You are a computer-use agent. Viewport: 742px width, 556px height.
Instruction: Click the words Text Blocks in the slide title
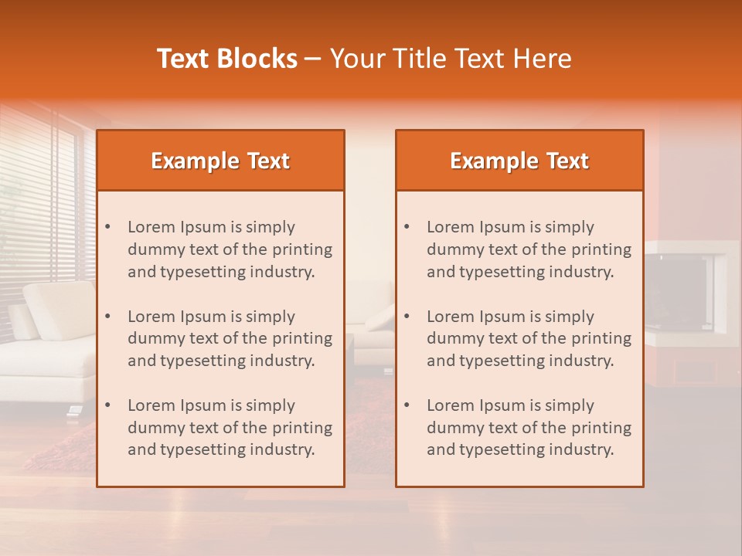click(x=227, y=59)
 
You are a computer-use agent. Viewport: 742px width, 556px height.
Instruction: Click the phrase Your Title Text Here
click(x=451, y=59)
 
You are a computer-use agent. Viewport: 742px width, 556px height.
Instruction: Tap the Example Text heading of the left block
click(x=220, y=161)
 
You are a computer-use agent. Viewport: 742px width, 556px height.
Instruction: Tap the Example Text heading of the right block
click(x=519, y=161)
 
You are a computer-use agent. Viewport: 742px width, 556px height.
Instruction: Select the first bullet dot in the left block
click(x=108, y=227)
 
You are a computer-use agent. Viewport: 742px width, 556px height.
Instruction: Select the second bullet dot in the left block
click(x=108, y=317)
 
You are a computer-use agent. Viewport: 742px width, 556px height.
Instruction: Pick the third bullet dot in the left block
click(x=108, y=405)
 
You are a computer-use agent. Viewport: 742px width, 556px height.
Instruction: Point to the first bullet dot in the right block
click(x=407, y=227)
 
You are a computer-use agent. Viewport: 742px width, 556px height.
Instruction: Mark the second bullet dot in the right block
click(x=407, y=317)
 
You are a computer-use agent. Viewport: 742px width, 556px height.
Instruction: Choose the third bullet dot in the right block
click(x=407, y=405)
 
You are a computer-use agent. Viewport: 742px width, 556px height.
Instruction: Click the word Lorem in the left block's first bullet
click(x=151, y=227)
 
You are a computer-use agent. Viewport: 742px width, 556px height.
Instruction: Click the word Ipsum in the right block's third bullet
click(x=503, y=405)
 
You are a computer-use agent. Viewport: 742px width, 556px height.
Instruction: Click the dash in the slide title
click(x=313, y=59)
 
